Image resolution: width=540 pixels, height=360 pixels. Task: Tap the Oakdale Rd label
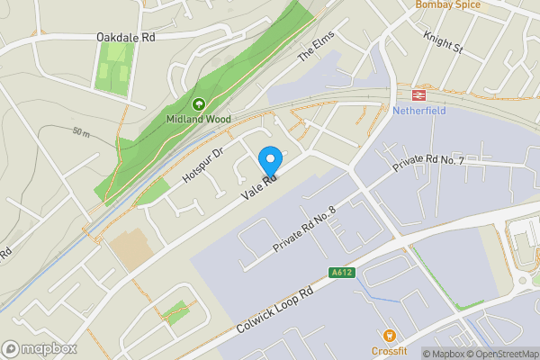click(126, 38)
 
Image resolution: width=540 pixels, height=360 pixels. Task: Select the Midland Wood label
click(198, 119)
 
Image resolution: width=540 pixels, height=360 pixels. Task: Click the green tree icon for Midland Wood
click(198, 103)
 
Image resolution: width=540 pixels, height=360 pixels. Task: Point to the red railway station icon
click(418, 94)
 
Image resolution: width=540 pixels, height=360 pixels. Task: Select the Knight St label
click(442, 40)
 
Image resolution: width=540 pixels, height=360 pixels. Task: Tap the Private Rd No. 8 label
click(304, 230)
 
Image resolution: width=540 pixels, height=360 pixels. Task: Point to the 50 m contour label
click(83, 133)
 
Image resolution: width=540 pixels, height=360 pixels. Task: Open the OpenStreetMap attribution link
click(500, 353)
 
